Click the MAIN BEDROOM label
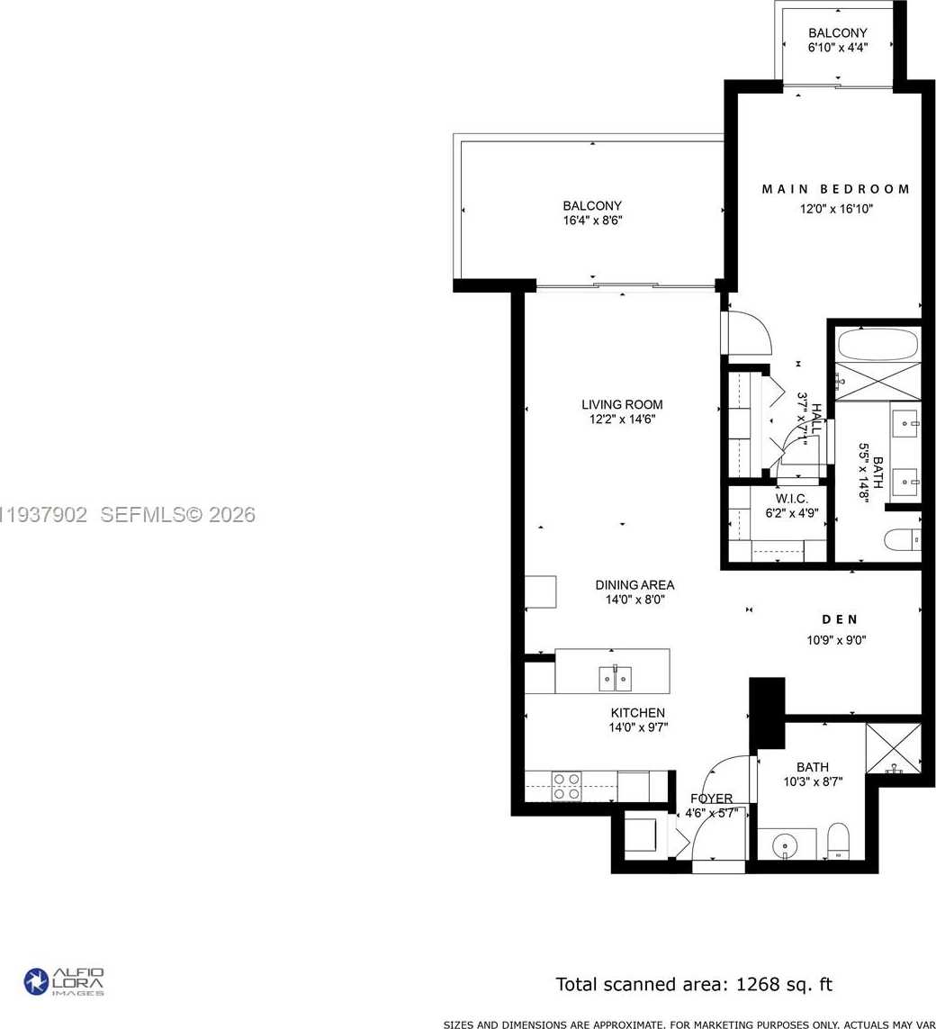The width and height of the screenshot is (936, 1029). pyautogui.click(x=835, y=189)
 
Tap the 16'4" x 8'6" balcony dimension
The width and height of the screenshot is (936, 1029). pyautogui.click(x=592, y=220)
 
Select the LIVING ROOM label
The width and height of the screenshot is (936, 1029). pyautogui.click(x=621, y=404)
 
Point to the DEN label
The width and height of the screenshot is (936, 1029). pyautogui.click(x=839, y=619)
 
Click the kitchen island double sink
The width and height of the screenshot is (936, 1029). pyautogui.click(x=614, y=677)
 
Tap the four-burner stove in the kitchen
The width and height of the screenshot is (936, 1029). pyautogui.click(x=566, y=786)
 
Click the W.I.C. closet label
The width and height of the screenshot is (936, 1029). pyautogui.click(x=779, y=499)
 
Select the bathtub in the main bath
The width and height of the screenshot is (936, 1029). pyautogui.click(x=877, y=344)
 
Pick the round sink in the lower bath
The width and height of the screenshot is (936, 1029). pyautogui.click(x=785, y=845)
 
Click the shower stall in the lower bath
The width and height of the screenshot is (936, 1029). pyautogui.click(x=893, y=747)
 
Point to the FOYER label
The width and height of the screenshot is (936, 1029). pyautogui.click(x=711, y=799)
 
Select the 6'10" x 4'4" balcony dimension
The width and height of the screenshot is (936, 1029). pyautogui.click(x=837, y=48)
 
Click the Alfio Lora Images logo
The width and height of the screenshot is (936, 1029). pyautogui.click(x=64, y=980)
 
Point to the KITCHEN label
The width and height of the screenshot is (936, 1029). pyautogui.click(x=636, y=713)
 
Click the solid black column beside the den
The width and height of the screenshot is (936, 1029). pyautogui.click(x=767, y=708)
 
